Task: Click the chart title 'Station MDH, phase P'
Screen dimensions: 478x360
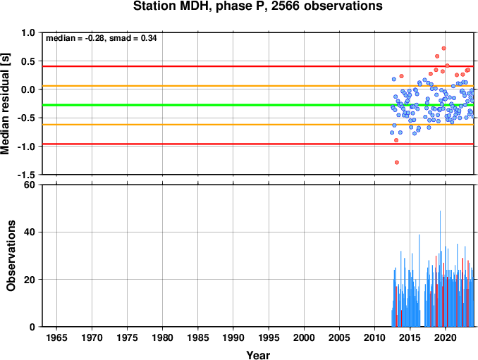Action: pyautogui.click(x=200, y=6)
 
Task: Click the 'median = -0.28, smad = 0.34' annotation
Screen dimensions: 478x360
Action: pyautogui.click(x=102, y=38)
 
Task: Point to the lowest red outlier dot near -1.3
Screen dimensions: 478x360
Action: pyautogui.click(x=397, y=162)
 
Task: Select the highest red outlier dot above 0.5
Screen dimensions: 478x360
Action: pyautogui.click(x=444, y=48)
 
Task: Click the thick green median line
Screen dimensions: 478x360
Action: pyautogui.click(x=258, y=105)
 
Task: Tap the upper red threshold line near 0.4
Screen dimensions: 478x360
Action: pyautogui.click(x=258, y=66)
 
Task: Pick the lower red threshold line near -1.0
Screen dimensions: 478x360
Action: pyautogui.click(x=258, y=144)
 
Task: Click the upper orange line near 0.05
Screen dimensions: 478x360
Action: pyautogui.click(x=258, y=86)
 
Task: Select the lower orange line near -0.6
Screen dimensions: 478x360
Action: pyautogui.click(x=258, y=125)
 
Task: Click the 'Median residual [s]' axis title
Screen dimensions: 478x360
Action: pyautogui.click(x=6, y=104)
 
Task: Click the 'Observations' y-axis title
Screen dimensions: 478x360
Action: pyautogui.click(x=11, y=256)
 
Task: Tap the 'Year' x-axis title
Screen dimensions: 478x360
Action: pyautogui.click(x=258, y=355)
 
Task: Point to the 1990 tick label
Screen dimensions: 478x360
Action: pyautogui.click(x=233, y=337)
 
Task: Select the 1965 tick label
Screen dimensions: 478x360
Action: pyautogui.click(x=56, y=337)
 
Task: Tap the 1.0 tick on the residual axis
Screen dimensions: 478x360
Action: pyautogui.click(x=29, y=32)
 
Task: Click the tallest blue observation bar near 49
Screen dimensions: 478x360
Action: pyautogui.click(x=440, y=268)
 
